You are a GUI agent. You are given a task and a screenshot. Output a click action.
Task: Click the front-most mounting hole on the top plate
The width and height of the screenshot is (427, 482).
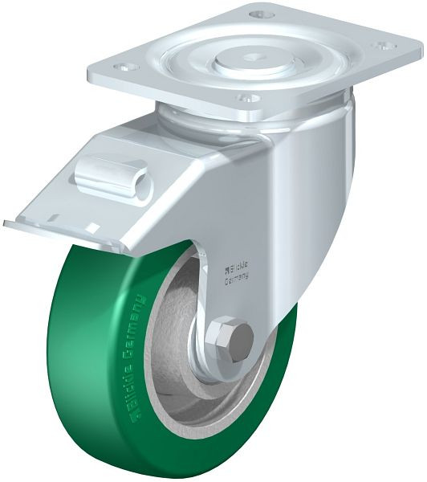pyautogui.click(x=246, y=100)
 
